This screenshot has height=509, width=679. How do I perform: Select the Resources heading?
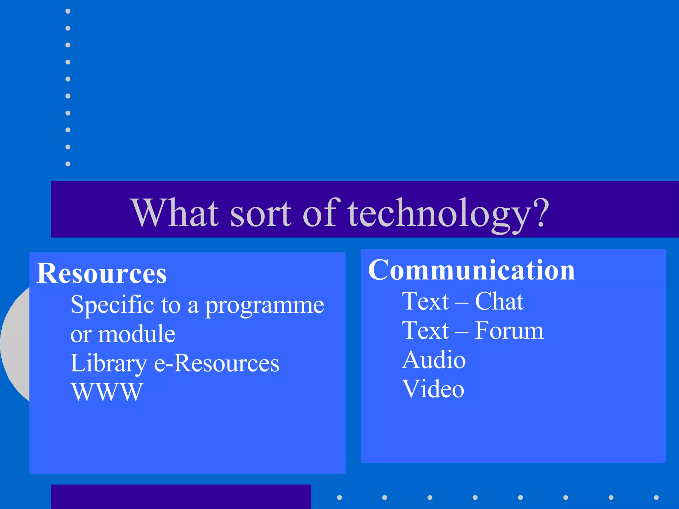[101, 273]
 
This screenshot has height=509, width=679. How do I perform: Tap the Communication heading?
[471, 270]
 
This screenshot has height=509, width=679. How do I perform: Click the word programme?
[264, 306]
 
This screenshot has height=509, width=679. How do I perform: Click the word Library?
[108, 364]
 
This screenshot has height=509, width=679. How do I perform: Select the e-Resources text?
[217, 363]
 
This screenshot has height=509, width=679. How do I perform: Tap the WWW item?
[107, 392]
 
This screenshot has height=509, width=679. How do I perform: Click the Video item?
[433, 389]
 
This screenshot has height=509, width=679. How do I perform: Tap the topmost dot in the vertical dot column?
[68, 11]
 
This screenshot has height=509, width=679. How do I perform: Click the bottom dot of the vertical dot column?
[68, 164]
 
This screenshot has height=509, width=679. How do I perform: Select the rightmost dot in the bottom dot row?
[656, 497]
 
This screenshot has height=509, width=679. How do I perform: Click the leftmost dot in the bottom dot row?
[339, 497]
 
